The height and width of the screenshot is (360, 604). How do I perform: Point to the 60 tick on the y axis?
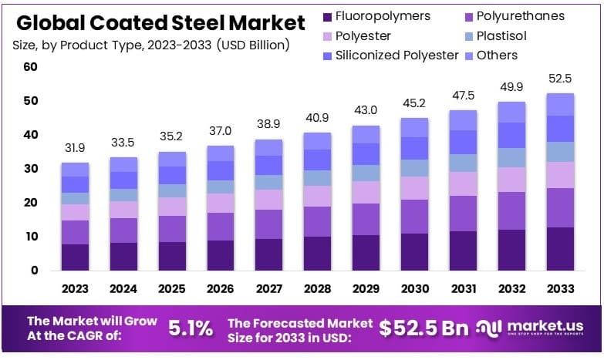coord(30,67)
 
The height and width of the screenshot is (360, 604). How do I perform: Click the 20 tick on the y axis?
coord(30,203)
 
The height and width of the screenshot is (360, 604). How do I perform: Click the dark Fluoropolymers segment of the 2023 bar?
coord(75,257)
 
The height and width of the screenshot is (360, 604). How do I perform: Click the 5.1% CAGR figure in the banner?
coord(190,328)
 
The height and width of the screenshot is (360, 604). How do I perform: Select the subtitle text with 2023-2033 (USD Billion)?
coord(150,45)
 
